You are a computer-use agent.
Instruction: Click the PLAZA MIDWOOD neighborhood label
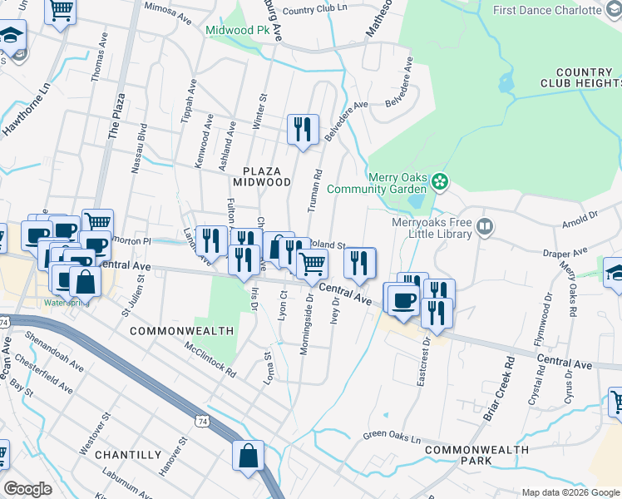coord(261,175)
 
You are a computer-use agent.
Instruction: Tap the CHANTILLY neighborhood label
coord(128,455)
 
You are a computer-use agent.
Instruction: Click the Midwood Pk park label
coord(239,30)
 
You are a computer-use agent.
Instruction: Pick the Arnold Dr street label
coord(580,218)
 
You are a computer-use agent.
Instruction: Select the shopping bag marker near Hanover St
coord(249,455)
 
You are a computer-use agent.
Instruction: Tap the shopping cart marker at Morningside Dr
coord(313,264)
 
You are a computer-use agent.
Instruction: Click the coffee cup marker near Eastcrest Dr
coord(403,299)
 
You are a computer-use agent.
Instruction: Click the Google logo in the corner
coord(27,489)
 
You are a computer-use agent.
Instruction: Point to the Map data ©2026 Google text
coord(570,492)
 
